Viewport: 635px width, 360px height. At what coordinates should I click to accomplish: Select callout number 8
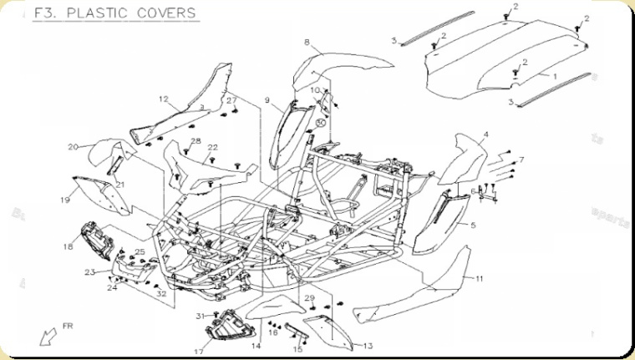coord(307,42)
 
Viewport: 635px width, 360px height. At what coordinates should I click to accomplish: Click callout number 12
coord(164,99)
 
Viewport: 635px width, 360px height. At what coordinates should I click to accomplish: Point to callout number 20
coord(73,147)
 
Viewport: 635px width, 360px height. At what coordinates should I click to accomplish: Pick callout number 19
coord(64,200)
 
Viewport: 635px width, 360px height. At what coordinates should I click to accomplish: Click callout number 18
coord(68,246)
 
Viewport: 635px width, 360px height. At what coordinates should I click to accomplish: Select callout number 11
coord(480,277)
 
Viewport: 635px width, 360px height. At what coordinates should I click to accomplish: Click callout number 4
coord(485,134)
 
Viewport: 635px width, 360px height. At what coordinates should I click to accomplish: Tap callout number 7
coord(521,159)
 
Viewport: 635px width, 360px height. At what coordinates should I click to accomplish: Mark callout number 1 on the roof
coord(552,75)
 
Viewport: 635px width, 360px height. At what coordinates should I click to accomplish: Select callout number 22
coord(213,147)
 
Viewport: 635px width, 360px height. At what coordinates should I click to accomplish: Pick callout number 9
coord(267,100)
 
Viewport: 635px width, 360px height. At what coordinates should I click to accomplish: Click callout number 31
coord(200,315)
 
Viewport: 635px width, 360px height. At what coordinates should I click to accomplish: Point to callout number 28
coord(196,140)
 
